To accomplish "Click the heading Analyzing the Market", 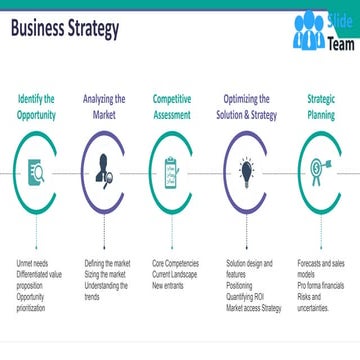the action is [104, 107].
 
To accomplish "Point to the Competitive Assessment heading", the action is [172, 107].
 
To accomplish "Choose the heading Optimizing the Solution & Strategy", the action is [246, 107].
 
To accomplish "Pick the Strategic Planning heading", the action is [321, 107].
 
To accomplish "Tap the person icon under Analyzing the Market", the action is [103, 171].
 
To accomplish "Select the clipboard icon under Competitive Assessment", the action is [171, 171].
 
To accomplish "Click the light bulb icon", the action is [245, 171].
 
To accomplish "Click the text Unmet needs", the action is [30, 261].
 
